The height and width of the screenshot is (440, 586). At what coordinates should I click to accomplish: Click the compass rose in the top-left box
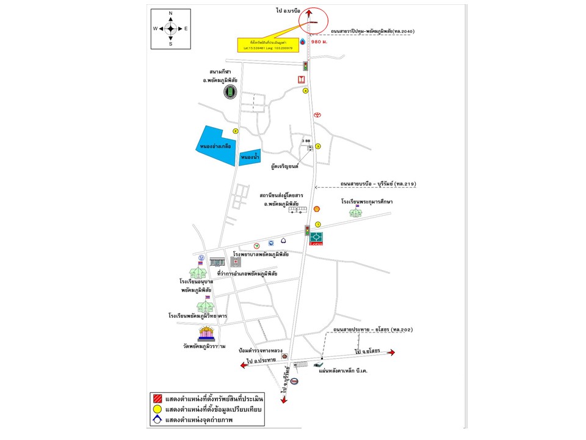pos(170,28)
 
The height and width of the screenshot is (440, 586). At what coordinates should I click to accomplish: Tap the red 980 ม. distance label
pos(320,43)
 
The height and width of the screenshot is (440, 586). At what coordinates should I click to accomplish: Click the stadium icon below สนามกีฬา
pos(230,92)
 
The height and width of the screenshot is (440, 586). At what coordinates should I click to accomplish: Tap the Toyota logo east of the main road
pos(317,115)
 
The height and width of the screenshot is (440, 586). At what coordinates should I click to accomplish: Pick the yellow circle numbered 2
pos(235,130)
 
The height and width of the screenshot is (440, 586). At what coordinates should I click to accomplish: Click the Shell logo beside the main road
pos(317,208)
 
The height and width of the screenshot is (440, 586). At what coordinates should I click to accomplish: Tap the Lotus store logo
pos(316,238)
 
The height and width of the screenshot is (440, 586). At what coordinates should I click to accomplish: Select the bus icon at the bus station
pos(298,210)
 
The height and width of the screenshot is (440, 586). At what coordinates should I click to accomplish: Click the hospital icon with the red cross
pos(235,262)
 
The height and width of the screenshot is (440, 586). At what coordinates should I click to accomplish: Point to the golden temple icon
pos(206,334)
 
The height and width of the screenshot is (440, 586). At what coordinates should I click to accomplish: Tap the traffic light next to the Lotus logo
pos(307,231)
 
